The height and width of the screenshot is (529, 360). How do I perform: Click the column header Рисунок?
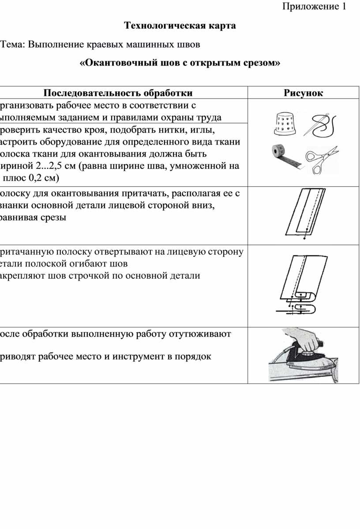303,93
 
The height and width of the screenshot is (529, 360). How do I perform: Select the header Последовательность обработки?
118,93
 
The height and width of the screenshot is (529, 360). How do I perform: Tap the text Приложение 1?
314,7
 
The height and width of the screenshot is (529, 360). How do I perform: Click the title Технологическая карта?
180,26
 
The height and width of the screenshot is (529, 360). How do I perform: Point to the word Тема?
13,45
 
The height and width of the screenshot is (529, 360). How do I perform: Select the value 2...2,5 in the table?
49,166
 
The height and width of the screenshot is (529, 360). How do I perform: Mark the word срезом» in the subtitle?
262,63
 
